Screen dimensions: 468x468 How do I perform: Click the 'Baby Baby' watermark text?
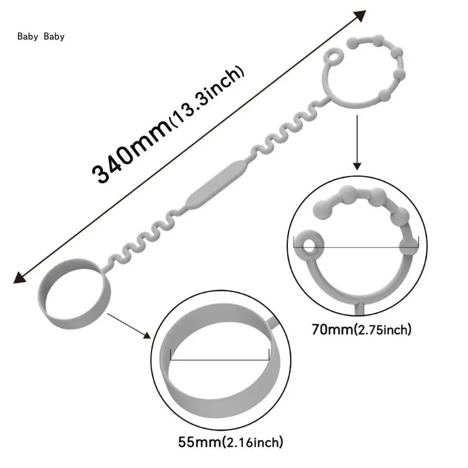point(41,36)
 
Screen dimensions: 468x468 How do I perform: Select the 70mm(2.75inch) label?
point(362,329)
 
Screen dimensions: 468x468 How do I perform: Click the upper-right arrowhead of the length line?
point(360,16)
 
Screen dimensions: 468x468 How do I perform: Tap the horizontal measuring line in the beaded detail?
point(357,247)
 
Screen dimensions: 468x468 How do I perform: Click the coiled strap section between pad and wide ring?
point(140,246)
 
